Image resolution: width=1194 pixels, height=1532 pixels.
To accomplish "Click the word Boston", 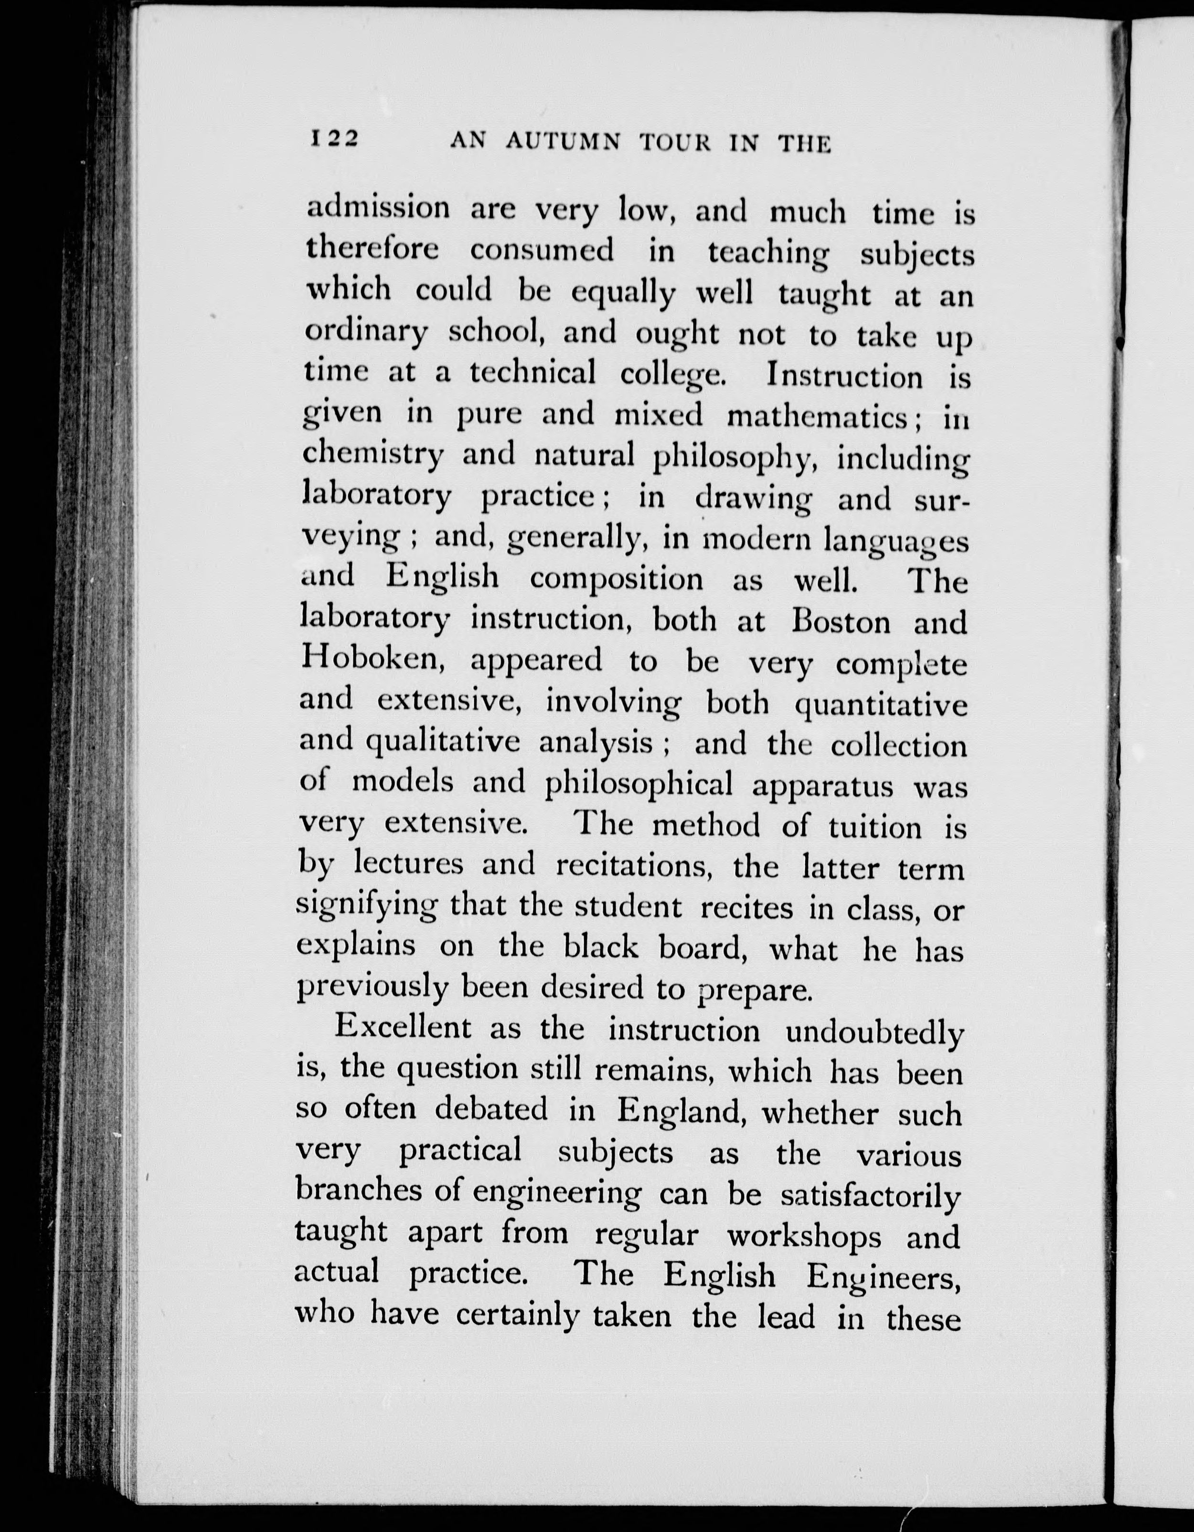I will [x=841, y=622].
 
